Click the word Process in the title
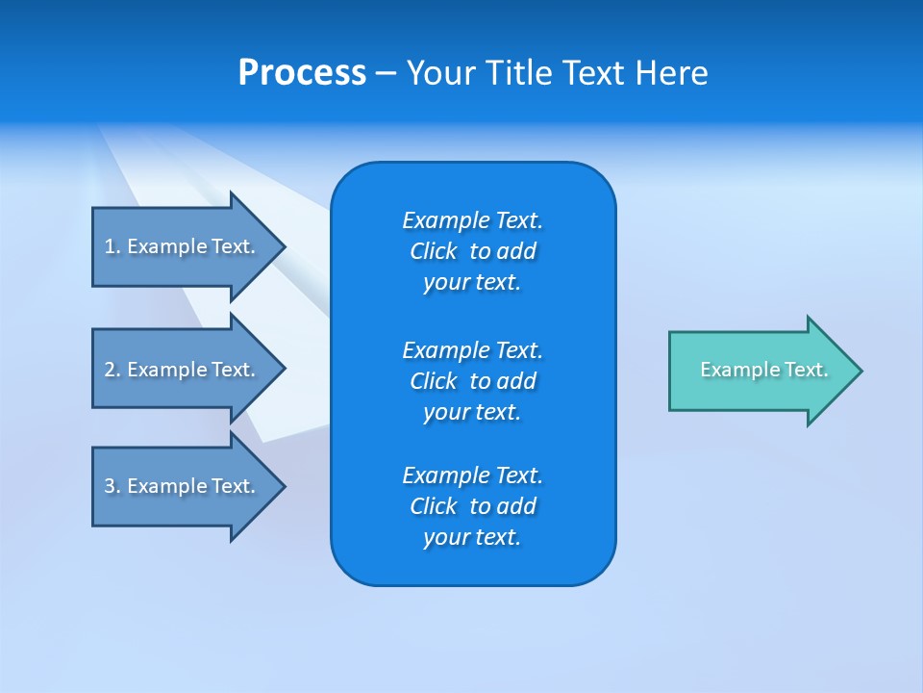302,73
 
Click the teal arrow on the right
760,371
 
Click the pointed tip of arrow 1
283,246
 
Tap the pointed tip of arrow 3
283,486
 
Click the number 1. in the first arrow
112,246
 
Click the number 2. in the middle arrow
112,370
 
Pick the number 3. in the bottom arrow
112,486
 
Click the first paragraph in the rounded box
472,251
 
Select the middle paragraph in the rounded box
472,381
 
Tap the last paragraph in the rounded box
472,506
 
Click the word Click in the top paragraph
434,251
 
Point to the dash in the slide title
386,73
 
